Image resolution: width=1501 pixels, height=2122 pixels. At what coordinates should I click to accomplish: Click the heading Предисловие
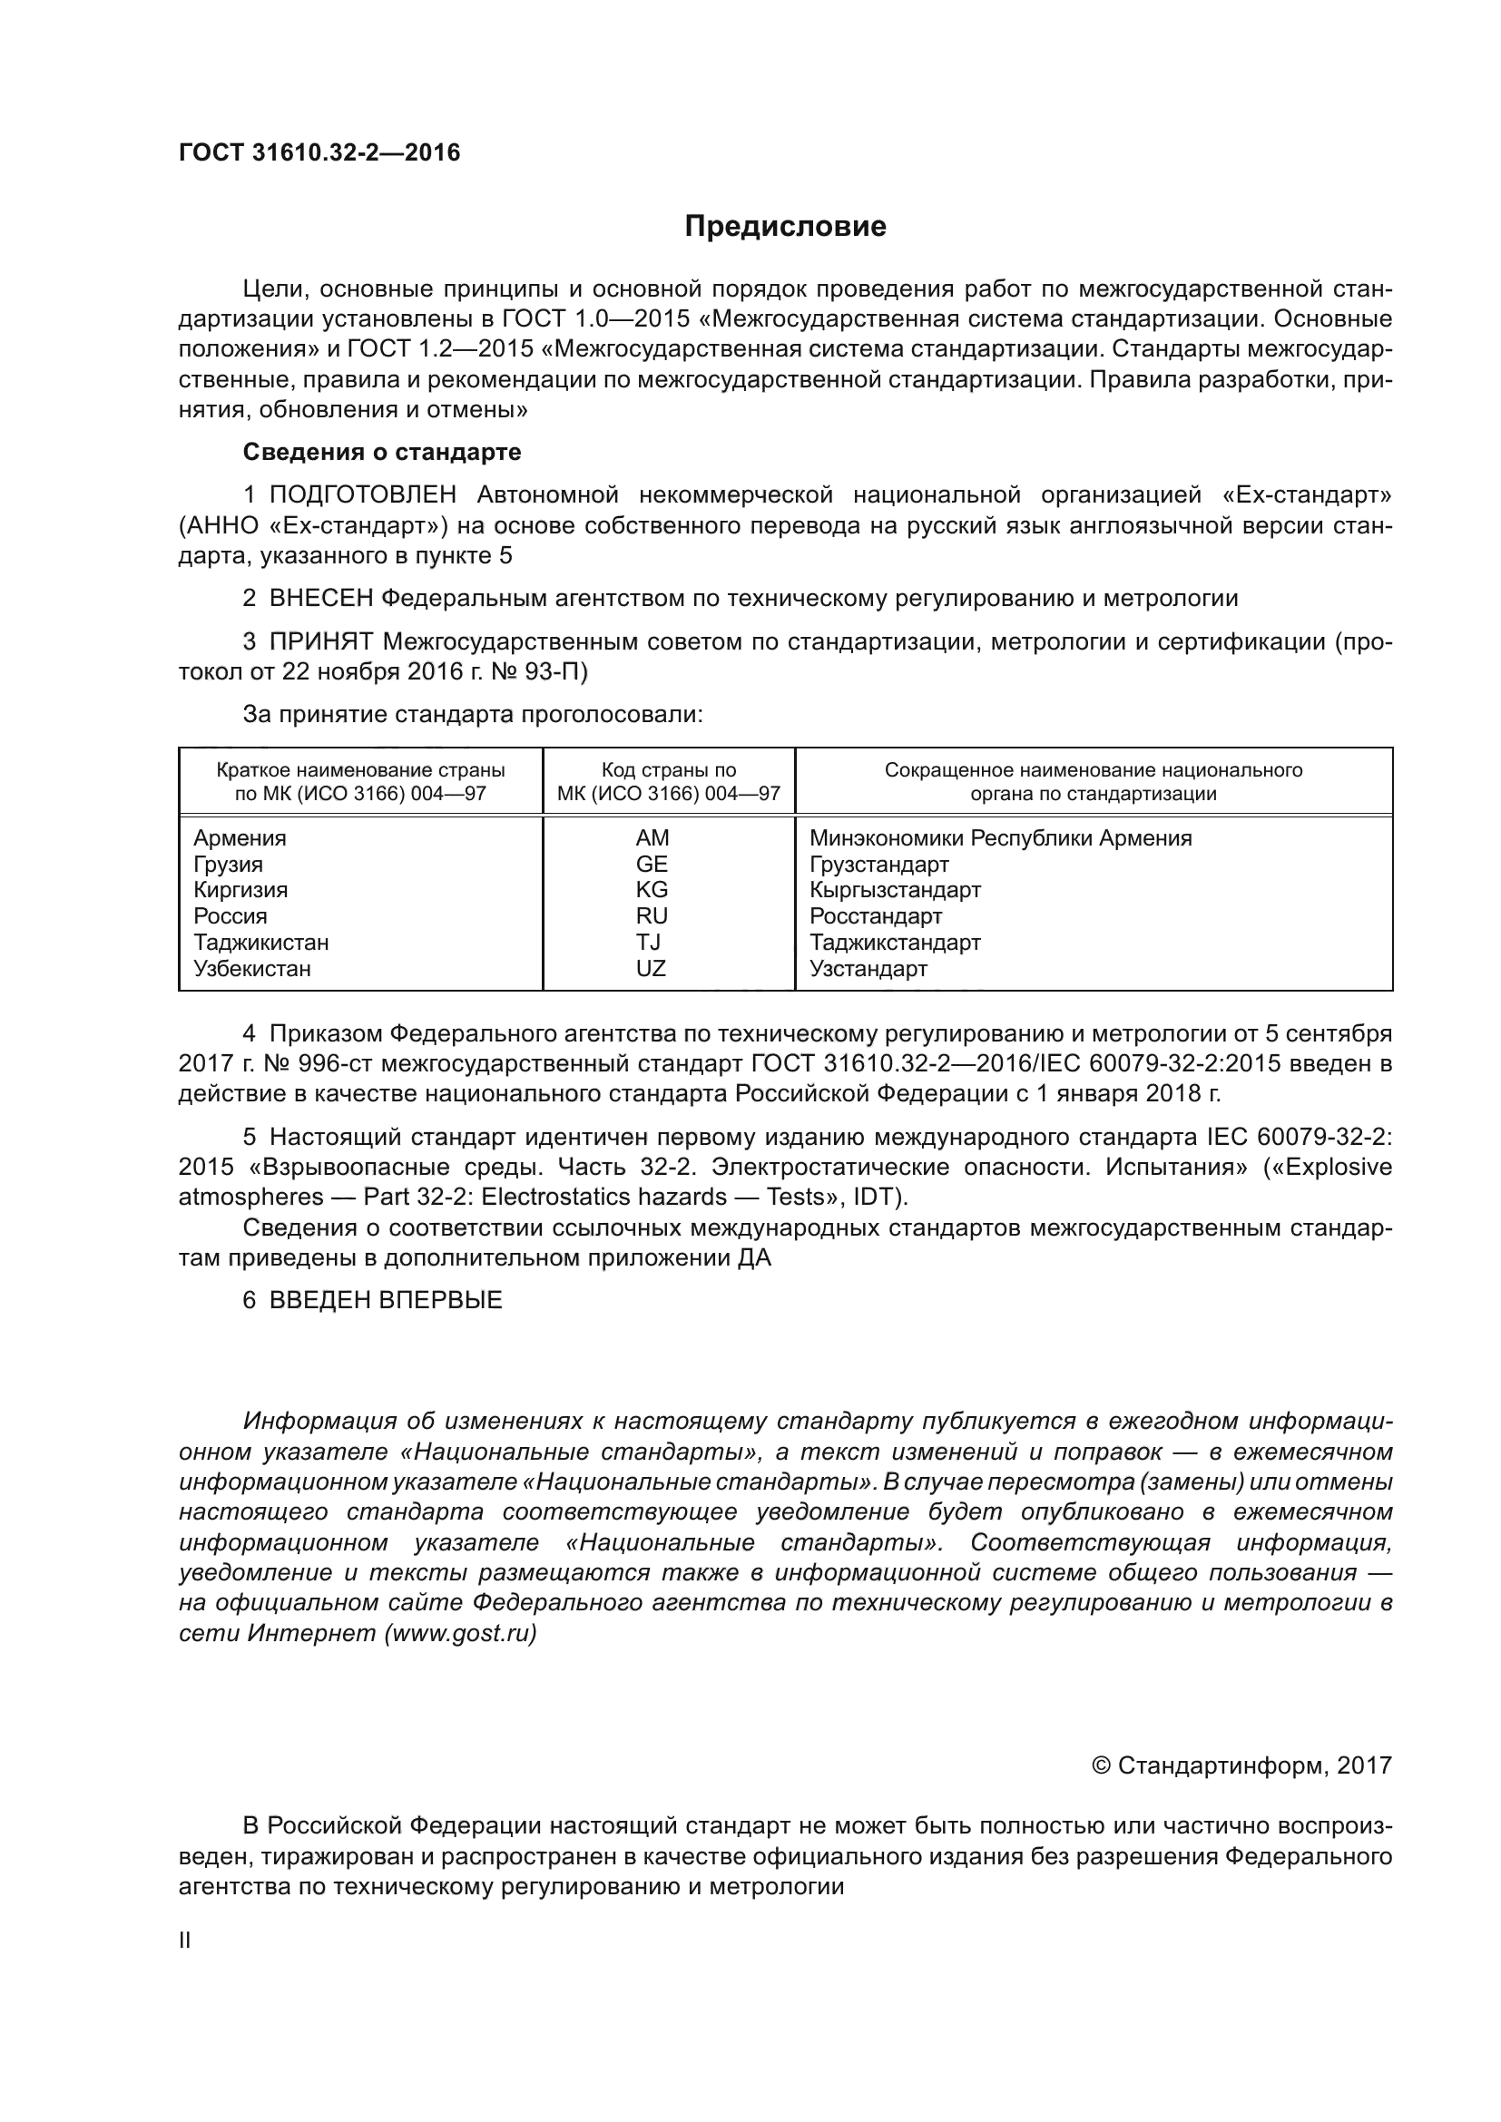(785, 227)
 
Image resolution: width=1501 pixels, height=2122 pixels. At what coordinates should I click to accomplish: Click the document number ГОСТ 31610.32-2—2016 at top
(319, 152)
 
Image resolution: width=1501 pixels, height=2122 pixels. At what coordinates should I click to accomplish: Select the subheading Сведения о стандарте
(382, 452)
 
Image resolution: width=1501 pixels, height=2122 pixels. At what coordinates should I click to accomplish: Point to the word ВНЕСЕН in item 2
(320, 598)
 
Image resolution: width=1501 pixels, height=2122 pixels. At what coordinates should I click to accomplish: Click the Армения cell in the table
(240, 838)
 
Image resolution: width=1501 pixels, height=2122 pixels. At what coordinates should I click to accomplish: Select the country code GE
(652, 865)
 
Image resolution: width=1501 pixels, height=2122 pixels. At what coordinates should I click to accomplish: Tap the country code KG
(652, 890)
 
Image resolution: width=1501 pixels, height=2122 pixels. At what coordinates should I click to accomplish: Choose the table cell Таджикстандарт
(895, 943)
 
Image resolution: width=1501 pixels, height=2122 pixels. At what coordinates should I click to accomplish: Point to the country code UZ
(652, 969)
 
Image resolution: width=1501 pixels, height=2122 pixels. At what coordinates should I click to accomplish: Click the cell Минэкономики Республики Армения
(1000, 838)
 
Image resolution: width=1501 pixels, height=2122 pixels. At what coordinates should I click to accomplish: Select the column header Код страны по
(668, 771)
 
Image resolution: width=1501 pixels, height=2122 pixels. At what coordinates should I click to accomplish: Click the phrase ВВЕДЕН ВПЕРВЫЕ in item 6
(386, 1300)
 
